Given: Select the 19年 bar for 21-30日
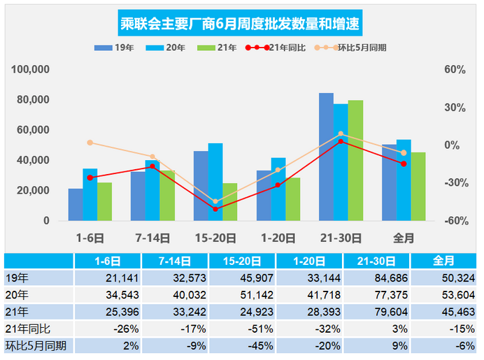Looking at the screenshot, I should coord(326,157).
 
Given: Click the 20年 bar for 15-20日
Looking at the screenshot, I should coord(215,182).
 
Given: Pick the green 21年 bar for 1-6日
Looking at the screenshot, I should coord(104,202).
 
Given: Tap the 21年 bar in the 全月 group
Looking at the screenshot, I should coord(418,187).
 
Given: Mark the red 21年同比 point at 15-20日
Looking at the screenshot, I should coord(215,209).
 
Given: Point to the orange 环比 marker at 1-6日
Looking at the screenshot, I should coord(90,143).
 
